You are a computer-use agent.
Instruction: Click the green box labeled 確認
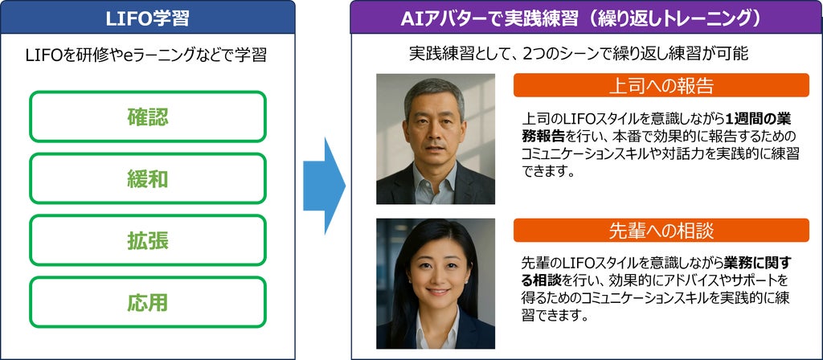pyautogui.click(x=148, y=117)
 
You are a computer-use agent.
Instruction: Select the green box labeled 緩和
pyautogui.click(x=148, y=178)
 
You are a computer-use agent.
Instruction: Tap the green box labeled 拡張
pyautogui.click(x=148, y=240)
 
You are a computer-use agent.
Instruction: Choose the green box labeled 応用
pyautogui.click(x=148, y=302)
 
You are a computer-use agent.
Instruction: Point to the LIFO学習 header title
pyautogui.click(x=148, y=19)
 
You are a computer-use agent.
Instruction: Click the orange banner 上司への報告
pyautogui.click(x=661, y=85)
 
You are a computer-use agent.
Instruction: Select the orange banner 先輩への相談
pyautogui.click(x=661, y=230)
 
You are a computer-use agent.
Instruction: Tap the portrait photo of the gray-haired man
pyautogui.click(x=435, y=138)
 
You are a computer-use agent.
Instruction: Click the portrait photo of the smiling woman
pyautogui.click(x=435, y=284)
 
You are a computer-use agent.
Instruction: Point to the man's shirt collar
pyautogui.click(x=434, y=181)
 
